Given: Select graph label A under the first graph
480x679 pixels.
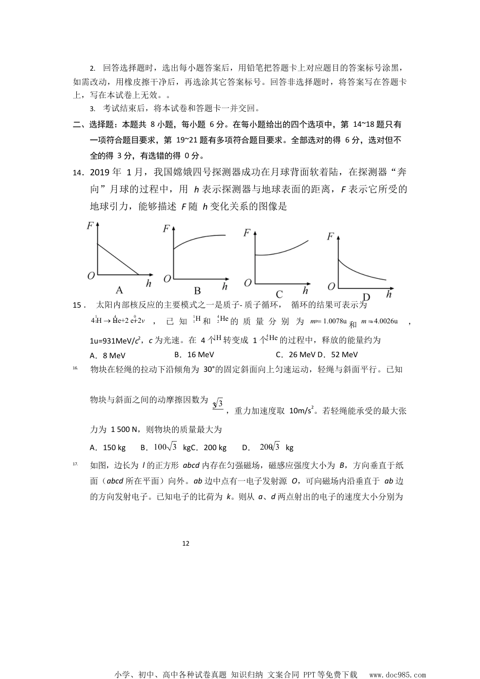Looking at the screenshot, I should tap(119, 290).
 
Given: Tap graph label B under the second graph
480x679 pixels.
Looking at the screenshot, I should tap(198, 290).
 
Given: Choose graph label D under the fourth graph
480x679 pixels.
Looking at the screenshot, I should tap(366, 297).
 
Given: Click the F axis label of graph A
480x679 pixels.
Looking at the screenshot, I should tap(90, 226).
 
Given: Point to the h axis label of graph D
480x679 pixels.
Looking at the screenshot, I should tap(389, 294).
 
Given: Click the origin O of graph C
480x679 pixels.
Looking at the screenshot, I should tap(248, 283).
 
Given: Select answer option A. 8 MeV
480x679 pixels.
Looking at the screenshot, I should tap(107, 355).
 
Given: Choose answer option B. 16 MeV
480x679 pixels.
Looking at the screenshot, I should tap(194, 355).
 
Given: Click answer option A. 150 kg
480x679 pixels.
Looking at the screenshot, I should tap(108, 447).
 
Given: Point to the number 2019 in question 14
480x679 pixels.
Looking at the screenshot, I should tap(100, 172).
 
